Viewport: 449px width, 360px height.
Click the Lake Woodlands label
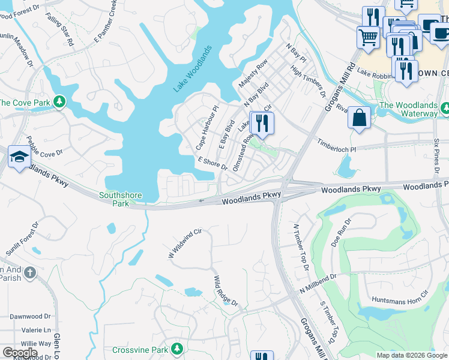tap(193, 68)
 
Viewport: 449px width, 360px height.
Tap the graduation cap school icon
tap(19, 157)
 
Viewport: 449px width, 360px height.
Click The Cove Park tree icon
tap(59, 102)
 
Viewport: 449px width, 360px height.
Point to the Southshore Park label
tap(114, 199)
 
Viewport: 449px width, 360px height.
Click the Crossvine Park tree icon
tap(176, 349)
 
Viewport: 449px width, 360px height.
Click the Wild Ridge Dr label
tap(226, 291)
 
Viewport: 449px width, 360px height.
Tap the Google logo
tap(20, 353)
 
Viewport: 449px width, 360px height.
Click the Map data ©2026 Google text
tap(411, 355)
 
